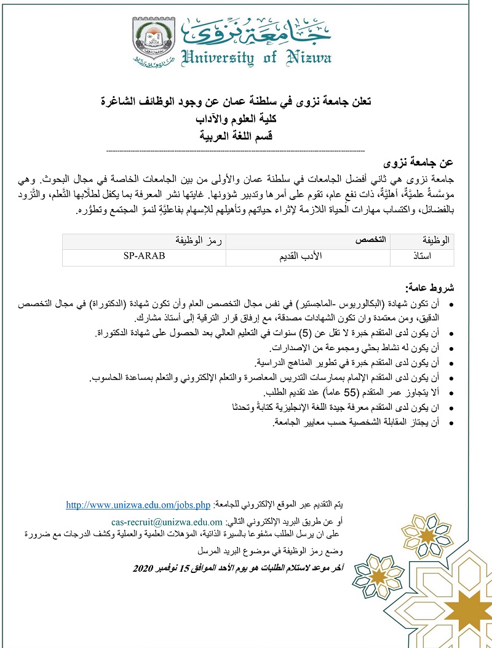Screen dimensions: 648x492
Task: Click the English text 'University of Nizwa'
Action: [x=257, y=57]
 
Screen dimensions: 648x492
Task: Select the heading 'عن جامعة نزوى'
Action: [x=418, y=162]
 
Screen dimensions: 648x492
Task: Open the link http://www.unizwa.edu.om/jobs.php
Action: [x=138, y=505]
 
